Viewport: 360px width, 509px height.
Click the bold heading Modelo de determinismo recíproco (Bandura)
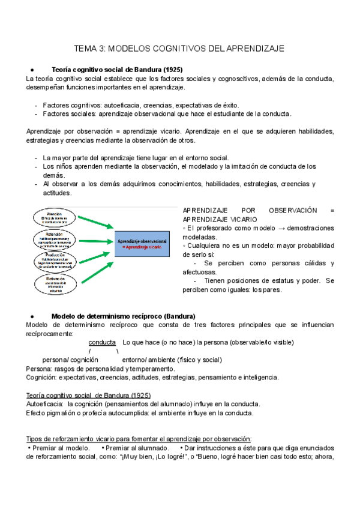(123, 316)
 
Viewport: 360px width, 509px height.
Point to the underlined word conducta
(102, 342)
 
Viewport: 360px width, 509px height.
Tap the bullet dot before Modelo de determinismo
(31, 316)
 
